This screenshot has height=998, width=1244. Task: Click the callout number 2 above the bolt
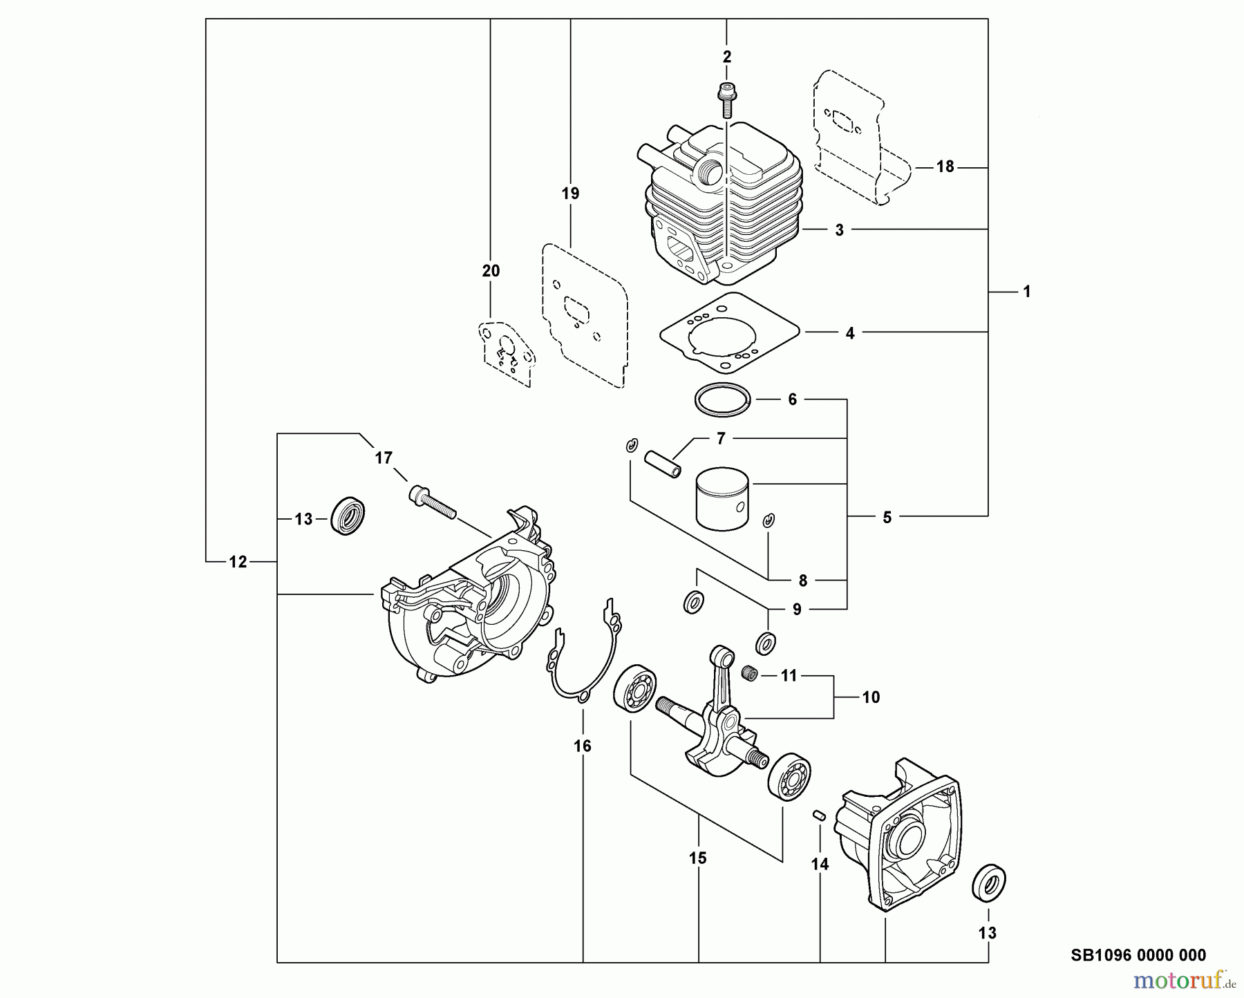pos(726,57)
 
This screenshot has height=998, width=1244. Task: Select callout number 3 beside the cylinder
pos(839,230)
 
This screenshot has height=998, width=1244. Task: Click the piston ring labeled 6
pos(722,399)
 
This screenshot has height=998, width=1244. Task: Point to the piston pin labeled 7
pos(663,463)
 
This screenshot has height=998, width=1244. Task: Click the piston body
pos(724,498)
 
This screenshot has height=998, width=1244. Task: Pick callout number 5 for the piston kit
pos(887,517)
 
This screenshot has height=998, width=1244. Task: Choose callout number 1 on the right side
pos(1026,292)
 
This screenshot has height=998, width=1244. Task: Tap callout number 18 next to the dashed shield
pos(945,167)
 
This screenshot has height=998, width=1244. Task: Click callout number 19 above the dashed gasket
pos(570,194)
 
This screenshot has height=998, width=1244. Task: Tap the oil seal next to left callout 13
pos(348,515)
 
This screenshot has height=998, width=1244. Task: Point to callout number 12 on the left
pos(238,563)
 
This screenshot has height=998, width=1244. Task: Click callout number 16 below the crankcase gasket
pos(583,746)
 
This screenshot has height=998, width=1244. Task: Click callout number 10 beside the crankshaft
pos(871,697)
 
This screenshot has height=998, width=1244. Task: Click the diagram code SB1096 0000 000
pos(1138,955)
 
